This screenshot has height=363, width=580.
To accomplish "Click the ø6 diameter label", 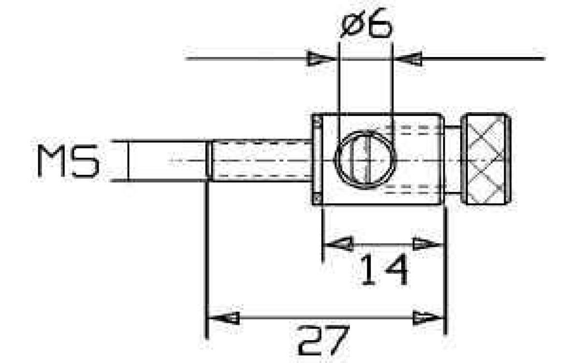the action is pos(366,23).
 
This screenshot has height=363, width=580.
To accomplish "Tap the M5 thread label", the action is pos(68,161).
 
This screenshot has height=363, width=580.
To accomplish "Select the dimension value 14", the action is pos(384,270).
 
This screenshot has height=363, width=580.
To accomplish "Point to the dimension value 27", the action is pos(324,340).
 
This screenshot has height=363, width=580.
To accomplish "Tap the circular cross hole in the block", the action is pos(366,160).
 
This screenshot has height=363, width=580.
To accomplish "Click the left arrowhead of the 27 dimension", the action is pos(224,317).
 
